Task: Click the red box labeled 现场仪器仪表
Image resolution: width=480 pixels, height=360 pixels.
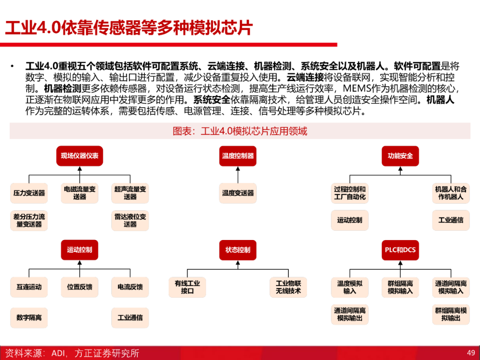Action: pos(80,156)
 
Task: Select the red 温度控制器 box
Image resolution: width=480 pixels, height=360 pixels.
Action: pos(238,156)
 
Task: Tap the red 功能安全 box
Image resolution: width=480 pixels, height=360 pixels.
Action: pos(400,156)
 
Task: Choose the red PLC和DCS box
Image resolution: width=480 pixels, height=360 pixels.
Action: pos(400,250)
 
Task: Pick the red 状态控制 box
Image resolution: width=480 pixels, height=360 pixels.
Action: pos(238,250)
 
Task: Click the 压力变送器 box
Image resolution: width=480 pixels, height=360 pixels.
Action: pos(29,193)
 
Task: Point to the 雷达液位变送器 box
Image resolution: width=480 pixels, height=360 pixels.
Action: pos(130,220)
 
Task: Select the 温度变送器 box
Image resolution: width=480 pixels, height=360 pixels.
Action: pos(238,193)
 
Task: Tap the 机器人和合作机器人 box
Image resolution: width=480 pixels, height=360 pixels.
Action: pos(451,193)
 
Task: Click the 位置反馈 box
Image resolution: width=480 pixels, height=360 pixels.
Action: pos(80,287)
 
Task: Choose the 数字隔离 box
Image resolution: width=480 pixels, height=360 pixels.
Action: pos(29,318)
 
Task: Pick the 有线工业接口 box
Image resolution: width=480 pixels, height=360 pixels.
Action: pos(188,287)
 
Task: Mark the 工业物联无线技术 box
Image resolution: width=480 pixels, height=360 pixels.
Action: pos(288,287)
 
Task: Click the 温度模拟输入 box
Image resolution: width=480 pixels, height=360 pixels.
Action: pos(350,287)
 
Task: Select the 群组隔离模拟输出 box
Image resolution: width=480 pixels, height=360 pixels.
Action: pos(451,314)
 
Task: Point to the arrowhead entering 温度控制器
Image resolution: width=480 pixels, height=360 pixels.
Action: pos(238,169)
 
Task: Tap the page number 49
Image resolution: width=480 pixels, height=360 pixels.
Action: pos(471,353)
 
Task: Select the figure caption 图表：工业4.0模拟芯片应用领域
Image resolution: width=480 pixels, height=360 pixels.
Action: pos(240,131)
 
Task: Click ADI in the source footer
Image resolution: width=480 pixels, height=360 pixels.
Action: pos(58,353)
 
